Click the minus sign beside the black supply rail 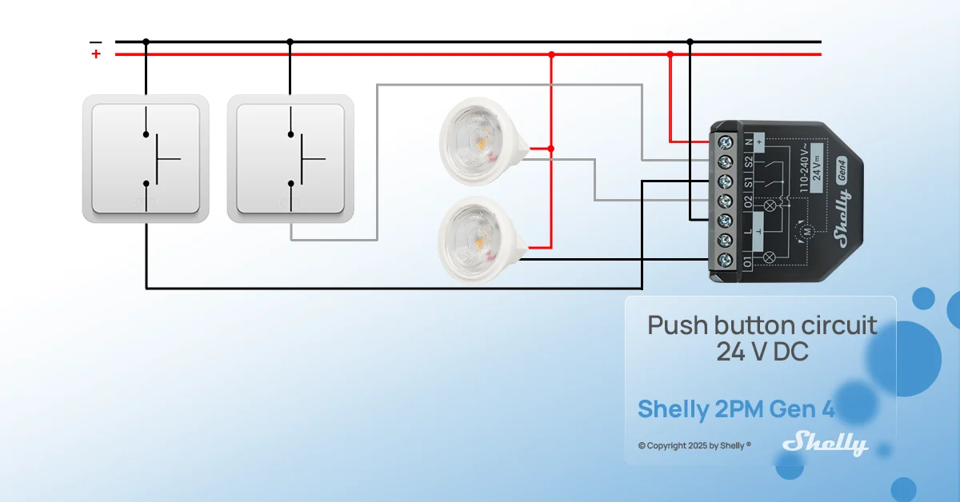tap(95, 42)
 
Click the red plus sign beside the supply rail tap(96, 54)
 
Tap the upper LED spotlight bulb tap(484, 141)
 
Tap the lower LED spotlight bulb tap(483, 240)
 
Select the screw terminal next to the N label tap(725, 142)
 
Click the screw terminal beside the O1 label tap(725, 260)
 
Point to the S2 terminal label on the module tap(749, 162)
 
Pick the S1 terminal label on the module tap(749, 182)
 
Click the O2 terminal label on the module tap(748, 202)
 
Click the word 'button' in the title tap(754, 325)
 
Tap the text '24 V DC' tap(762, 352)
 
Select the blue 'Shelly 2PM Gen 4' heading tap(736, 408)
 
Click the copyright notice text tap(694, 445)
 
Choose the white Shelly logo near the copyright tap(826, 444)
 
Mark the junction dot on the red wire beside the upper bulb tap(551, 149)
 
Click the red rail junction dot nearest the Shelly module tap(670, 54)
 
